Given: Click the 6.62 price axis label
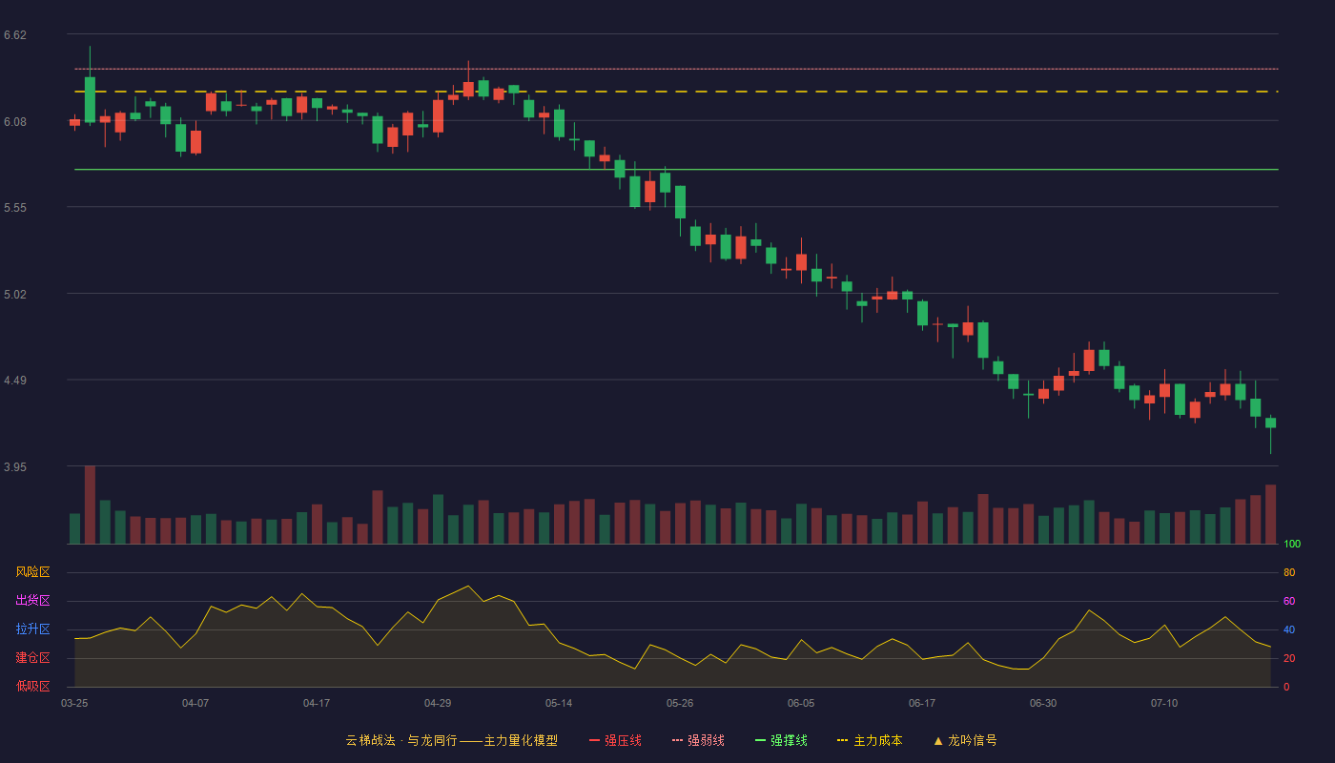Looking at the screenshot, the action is coord(15,35).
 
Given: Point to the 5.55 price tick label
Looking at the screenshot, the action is coord(15,208).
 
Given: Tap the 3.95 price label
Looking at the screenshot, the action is coord(15,466).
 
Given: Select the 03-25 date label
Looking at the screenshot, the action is coord(74,704).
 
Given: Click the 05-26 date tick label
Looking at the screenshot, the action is coord(680,704).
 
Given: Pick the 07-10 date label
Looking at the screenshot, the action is coord(1164,704).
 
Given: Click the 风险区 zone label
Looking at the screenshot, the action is coord(32,572).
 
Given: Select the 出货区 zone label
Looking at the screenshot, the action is coord(32,600).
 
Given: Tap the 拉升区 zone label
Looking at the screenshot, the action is coord(32,629).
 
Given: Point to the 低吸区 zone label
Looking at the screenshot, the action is coord(32,686).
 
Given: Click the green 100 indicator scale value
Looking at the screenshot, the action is coord(1292,544).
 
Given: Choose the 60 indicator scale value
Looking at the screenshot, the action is coord(1289,601).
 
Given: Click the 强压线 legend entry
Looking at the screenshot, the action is coord(615,740).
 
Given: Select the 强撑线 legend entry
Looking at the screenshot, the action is coord(781,740).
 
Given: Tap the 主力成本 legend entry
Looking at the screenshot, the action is coord(870,740).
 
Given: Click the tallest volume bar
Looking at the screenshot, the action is coord(90,505).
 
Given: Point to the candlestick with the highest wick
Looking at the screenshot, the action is coord(90,85).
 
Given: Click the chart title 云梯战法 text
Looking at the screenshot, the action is coord(371,740).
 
